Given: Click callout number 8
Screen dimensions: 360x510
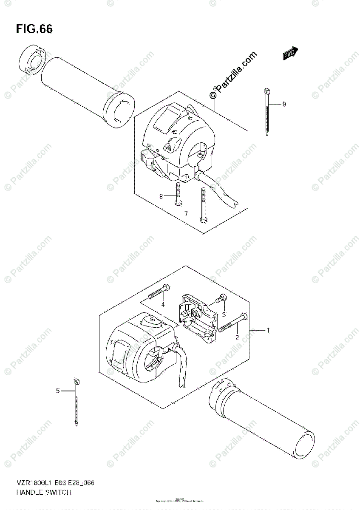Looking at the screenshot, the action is tap(161, 196).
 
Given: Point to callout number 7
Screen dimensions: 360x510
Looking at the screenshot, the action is tap(186, 214).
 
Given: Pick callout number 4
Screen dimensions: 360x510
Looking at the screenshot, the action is tap(162, 305).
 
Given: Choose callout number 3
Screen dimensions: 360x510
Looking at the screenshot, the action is tap(224, 314).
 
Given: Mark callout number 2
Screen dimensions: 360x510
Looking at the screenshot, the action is tap(237, 337).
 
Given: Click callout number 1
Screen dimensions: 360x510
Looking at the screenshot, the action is tap(268, 330).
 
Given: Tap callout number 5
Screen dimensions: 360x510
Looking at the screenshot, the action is tap(57, 391).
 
